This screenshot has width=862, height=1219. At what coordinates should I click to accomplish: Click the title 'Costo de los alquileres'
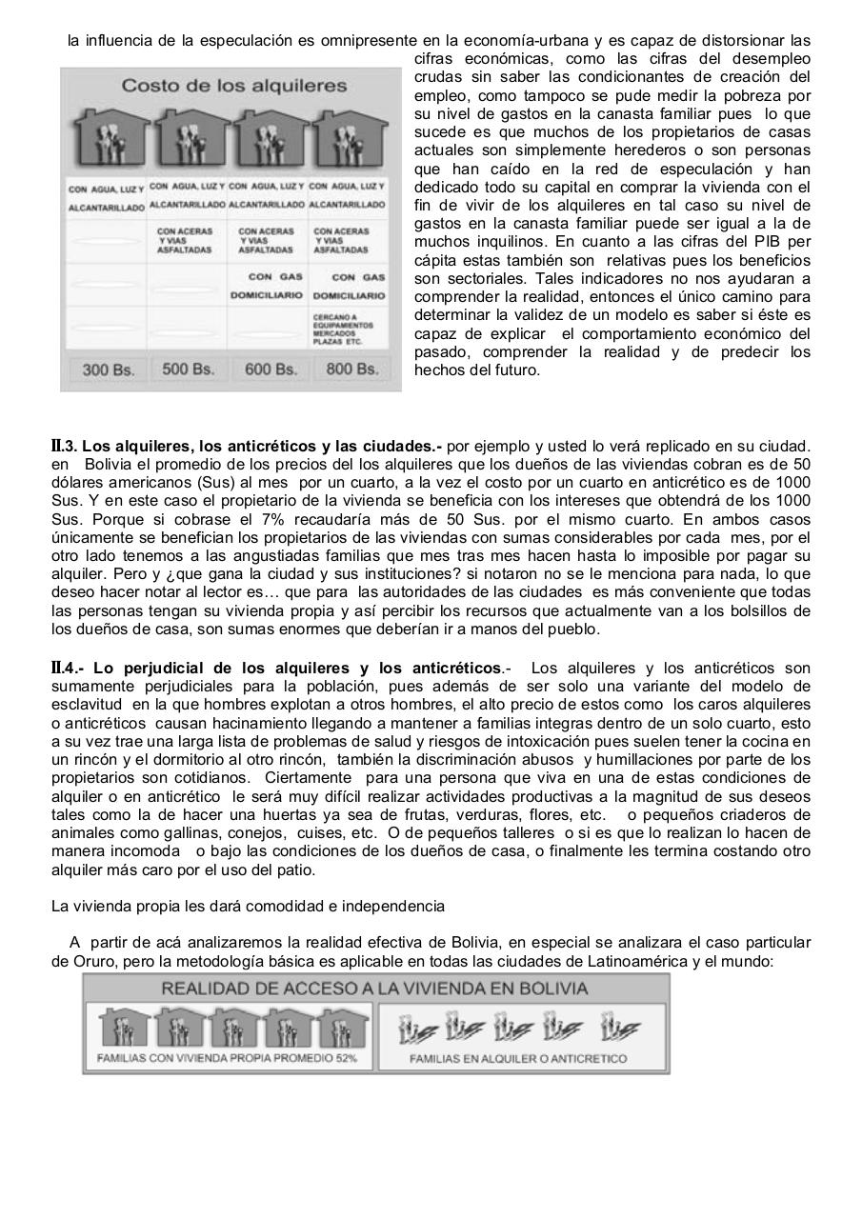(233, 86)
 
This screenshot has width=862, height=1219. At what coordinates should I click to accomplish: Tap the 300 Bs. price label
(108, 370)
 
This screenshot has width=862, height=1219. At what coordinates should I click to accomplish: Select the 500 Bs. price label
(188, 369)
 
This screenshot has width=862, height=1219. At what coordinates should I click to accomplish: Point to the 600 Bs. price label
(271, 370)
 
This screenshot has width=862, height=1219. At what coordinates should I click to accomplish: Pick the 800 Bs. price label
(351, 369)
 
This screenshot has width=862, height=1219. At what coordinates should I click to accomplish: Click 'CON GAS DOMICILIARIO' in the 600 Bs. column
(267, 287)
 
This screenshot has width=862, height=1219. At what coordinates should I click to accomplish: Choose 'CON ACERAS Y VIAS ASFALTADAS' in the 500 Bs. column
(187, 240)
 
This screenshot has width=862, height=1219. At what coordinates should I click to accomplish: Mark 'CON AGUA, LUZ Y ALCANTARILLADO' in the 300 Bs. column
(106, 197)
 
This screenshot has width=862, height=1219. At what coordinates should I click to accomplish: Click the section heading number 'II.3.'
(67, 446)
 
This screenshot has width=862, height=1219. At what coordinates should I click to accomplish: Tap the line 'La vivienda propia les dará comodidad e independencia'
(248, 906)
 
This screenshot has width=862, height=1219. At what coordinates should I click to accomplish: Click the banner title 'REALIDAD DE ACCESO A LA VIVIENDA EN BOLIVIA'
(374, 989)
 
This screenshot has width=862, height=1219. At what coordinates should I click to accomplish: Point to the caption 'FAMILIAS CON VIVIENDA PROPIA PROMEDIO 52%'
(226, 1058)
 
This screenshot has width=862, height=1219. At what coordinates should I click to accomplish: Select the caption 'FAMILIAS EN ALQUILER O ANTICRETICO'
(517, 1058)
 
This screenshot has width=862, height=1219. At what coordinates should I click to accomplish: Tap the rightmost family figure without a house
(621, 1029)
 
